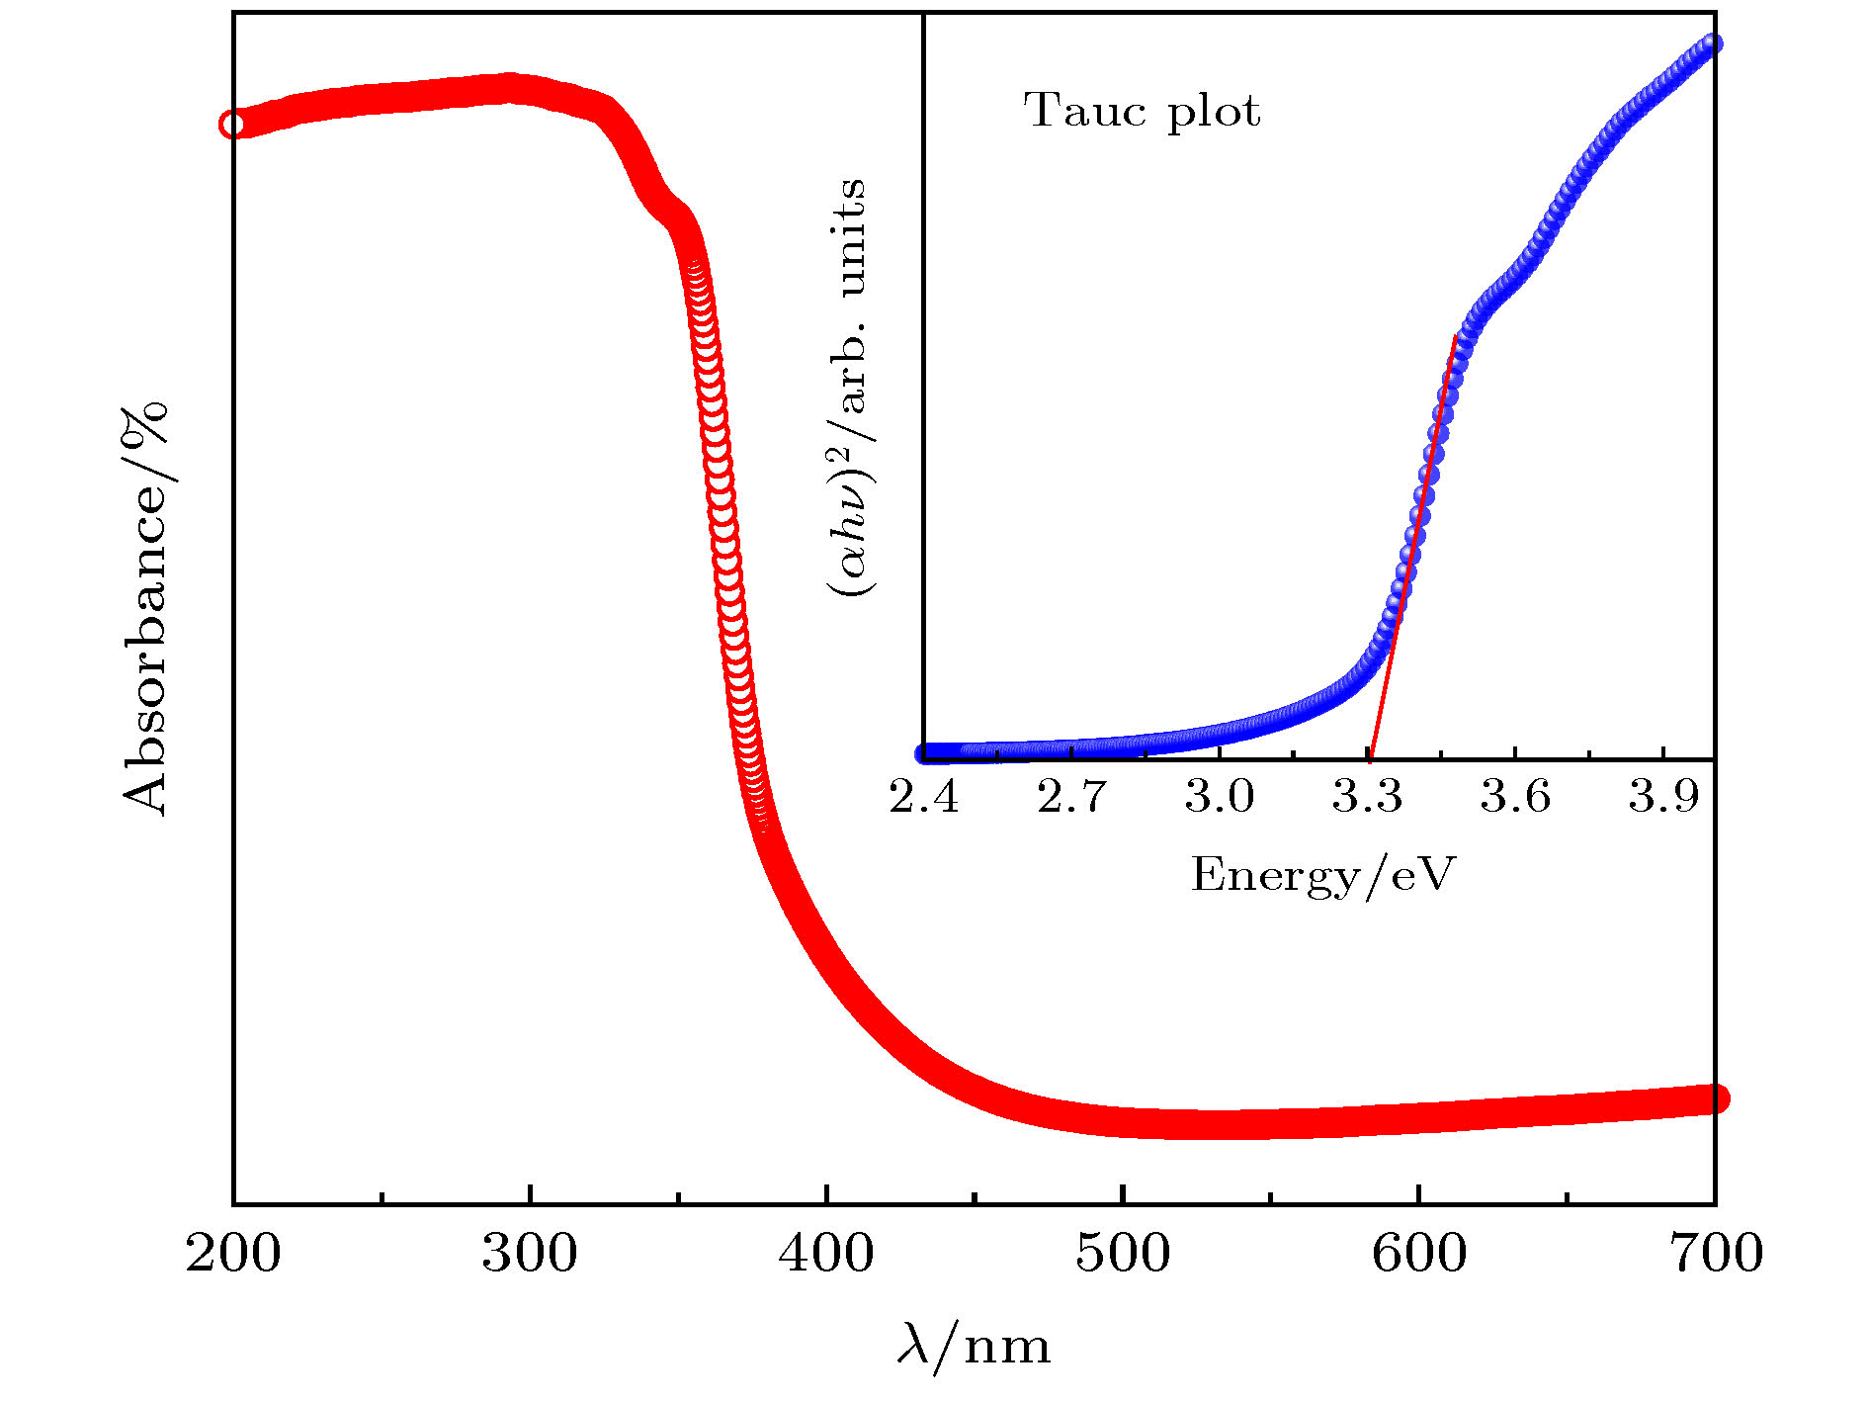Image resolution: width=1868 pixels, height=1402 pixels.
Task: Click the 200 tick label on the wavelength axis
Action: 233,1254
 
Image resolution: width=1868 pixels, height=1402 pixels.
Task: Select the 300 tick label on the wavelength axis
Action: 530,1254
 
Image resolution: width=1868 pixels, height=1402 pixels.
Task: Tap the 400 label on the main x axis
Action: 826,1254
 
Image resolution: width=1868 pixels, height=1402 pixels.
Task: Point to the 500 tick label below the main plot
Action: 1123,1254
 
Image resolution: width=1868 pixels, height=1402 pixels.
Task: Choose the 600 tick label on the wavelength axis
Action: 1419,1254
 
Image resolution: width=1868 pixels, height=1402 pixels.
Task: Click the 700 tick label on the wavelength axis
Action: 1716,1254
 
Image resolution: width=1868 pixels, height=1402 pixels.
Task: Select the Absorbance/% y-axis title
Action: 146,608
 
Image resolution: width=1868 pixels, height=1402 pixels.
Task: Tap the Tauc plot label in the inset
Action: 1142,111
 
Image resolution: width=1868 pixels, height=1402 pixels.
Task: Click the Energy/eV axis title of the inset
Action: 1323,875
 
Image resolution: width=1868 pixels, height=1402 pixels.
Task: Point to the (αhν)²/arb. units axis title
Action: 848,388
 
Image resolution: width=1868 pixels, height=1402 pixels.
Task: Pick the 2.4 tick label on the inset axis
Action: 924,797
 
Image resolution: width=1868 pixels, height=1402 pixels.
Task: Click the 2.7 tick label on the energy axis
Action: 1072,797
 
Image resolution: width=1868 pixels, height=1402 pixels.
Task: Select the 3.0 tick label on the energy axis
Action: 1220,797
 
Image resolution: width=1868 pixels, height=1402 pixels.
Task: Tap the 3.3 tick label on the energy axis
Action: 1368,797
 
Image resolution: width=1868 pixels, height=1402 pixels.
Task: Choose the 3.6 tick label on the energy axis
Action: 1515,797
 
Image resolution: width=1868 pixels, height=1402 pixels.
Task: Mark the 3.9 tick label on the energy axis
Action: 1663,797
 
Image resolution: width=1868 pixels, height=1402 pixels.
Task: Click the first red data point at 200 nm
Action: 232,125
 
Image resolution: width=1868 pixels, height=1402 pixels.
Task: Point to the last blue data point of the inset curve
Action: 1712,44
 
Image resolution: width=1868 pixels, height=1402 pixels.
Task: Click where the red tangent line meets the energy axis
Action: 1371,758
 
